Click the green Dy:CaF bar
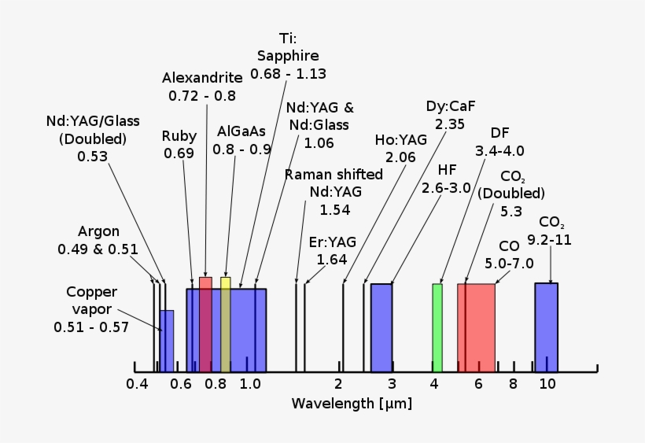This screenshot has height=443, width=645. click(x=437, y=327)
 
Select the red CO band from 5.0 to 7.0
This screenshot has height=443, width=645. click(x=477, y=327)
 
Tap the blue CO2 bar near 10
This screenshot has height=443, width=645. click(x=546, y=327)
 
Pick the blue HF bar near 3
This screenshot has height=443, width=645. click(x=381, y=327)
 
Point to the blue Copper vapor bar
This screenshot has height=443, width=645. click(x=167, y=341)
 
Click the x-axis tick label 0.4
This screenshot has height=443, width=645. click(x=137, y=384)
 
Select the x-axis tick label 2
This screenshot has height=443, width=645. click(x=338, y=384)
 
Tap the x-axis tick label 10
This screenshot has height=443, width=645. click(x=547, y=384)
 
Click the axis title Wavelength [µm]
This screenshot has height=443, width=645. click(x=352, y=404)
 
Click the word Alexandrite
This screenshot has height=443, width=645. click(x=201, y=77)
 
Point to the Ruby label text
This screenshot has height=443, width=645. click(x=179, y=135)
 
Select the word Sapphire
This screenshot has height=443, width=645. click(x=288, y=56)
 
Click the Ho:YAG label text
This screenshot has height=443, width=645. click(x=400, y=139)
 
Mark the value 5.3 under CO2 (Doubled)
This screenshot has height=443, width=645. click(x=511, y=211)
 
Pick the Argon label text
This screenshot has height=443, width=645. click(x=98, y=231)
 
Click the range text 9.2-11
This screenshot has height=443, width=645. click(x=549, y=240)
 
